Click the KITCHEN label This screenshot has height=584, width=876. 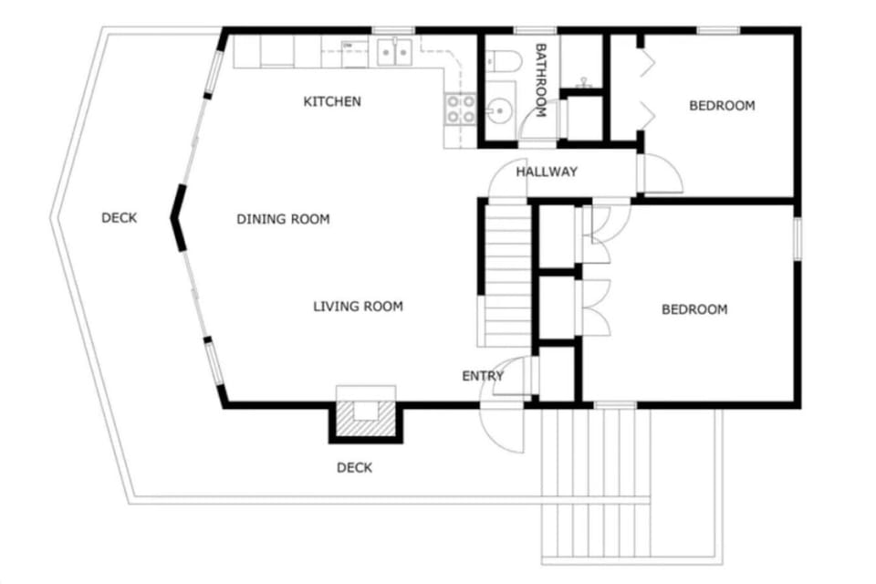pyautogui.click(x=331, y=101)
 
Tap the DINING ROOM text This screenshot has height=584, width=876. pyautogui.click(x=283, y=219)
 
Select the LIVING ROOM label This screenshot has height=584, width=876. pyautogui.click(x=358, y=306)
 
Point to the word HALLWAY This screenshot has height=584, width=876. pyautogui.click(x=547, y=172)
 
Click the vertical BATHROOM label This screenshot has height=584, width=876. pyautogui.click(x=540, y=80)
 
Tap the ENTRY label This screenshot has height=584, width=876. pyautogui.click(x=483, y=376)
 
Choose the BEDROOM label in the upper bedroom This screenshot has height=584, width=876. pyautogui.click(x=722, y=105)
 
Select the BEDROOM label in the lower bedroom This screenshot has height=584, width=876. pyautogui.click(x=694, y=309)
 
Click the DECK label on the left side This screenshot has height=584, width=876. pyautogui.click(x=119, y=217)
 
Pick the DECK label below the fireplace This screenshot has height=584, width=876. pyautogui.click(x=354, y=468)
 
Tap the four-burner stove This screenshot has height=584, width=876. pyautogui.click(x=460, y=109)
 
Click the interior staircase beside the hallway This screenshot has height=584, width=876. pyautogui.click(x=506, y=274)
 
